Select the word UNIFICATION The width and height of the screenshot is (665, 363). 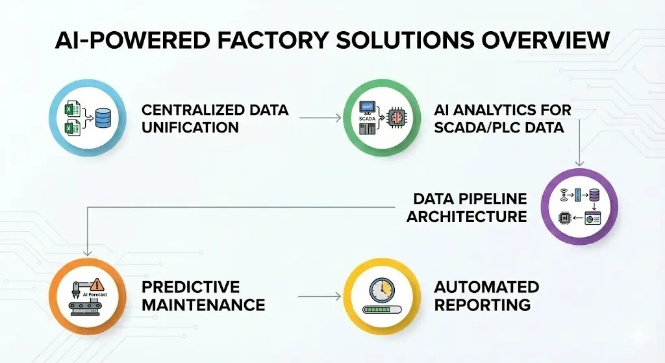coord(190,127)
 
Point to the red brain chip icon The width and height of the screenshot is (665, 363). coord(394,118)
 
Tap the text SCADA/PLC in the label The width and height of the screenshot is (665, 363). coord(479,127)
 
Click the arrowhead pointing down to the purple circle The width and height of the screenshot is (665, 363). coord(579,162)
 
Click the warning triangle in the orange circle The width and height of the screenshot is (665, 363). coord(98,284)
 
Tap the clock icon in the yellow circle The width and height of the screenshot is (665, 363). coord(381,289)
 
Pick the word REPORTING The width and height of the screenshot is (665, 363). coord(483,305)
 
